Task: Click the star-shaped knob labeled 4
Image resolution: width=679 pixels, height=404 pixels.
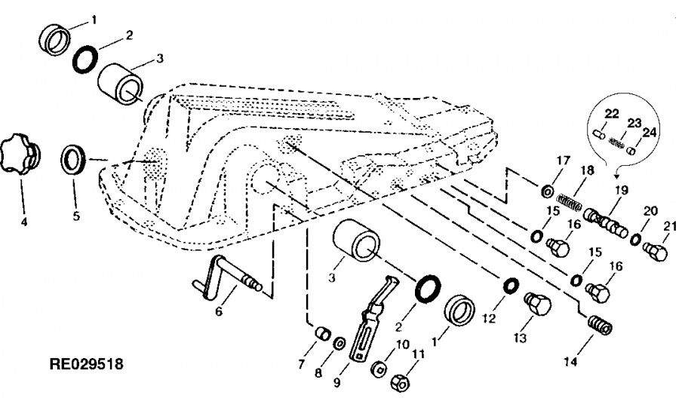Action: [20, 154]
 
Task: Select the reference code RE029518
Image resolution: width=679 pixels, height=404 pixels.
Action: [87, 364]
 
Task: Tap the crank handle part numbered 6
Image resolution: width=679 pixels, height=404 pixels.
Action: [226, 277]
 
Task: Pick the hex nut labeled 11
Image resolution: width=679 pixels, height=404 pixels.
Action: [401, 383]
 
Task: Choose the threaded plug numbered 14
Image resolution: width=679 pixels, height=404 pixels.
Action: [600, 324]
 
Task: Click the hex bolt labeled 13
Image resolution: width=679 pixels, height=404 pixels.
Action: [537, 303]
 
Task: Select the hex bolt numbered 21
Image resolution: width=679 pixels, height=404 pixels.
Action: [655, 252]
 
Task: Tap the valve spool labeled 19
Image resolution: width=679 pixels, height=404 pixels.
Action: [605, 222]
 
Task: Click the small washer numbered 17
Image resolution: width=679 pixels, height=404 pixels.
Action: [546, 190]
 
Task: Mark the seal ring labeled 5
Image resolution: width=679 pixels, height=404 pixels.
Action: [74, 160]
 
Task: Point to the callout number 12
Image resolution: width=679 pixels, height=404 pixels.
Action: [488, 320]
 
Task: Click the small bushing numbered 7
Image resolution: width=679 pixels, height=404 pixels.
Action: [323, 335]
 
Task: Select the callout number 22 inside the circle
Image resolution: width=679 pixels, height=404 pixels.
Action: [611, 115]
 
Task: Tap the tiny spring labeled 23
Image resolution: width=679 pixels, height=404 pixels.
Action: [616, 142]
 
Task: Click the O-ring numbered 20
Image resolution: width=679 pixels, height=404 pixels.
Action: [636, 239]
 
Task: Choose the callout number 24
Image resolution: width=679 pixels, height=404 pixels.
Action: [649, 133]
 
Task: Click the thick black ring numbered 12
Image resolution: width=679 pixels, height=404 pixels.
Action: [512, 286]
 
